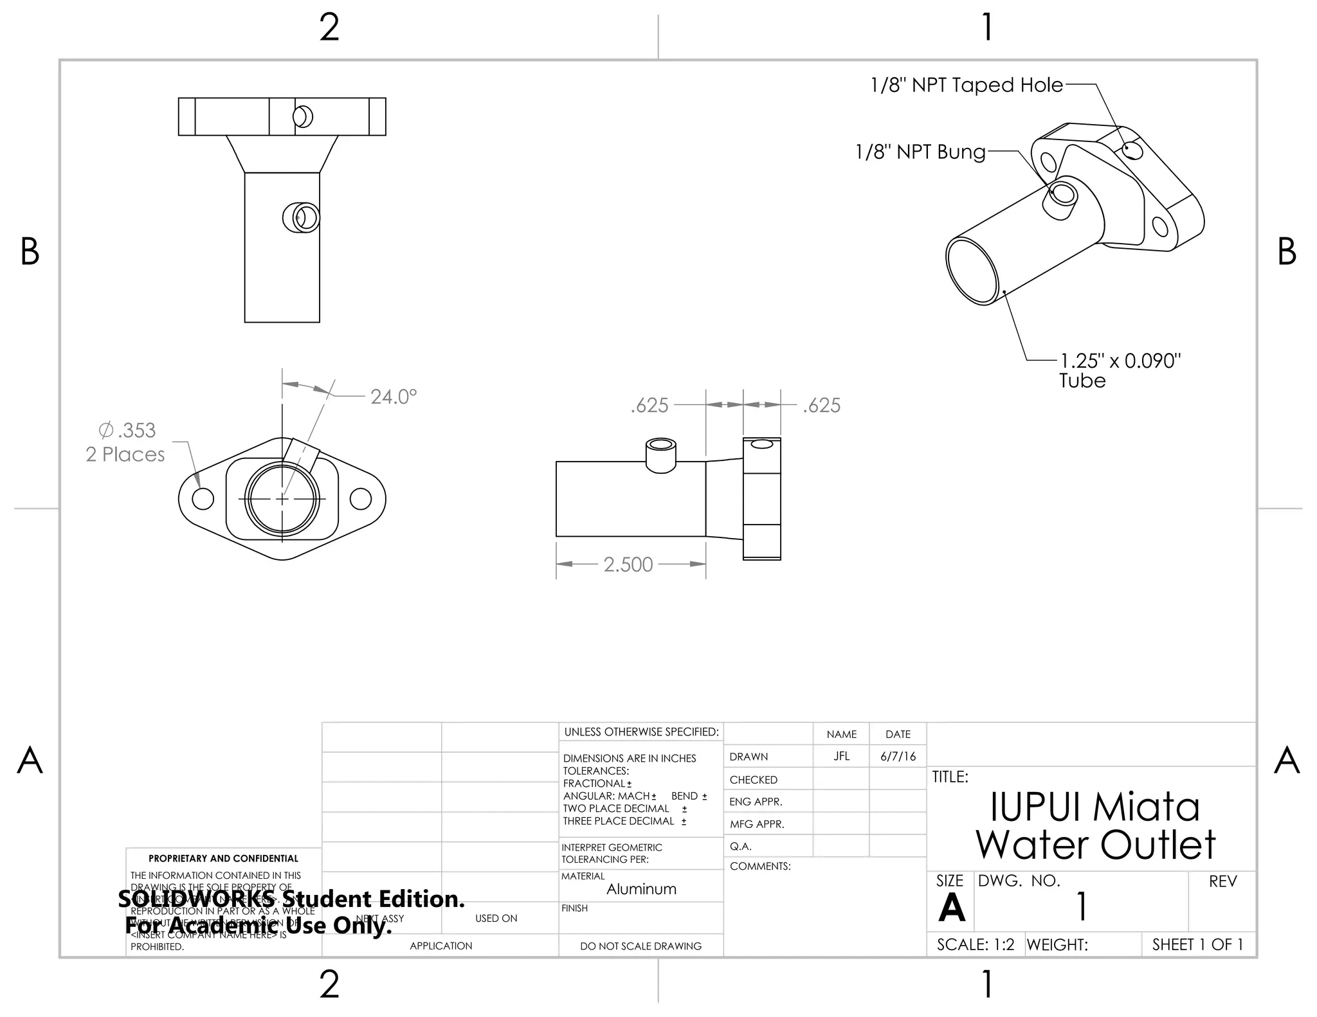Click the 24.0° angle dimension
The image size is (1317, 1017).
(393, 397)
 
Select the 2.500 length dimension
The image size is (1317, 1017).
(628, 564)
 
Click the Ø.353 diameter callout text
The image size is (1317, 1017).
(127, 430)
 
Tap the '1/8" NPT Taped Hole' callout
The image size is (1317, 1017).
(966, 85)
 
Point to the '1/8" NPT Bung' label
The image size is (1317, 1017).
(920, 152)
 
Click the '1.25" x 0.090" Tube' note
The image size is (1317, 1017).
(1120, 370)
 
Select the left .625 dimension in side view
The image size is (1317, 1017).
(649, 405)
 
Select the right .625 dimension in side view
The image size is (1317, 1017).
(821, 405)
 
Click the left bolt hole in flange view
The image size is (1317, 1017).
(203, 499)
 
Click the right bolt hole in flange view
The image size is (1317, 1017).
(360, 499)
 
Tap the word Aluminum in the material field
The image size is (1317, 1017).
(641, 889)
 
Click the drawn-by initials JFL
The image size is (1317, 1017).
(841, 756)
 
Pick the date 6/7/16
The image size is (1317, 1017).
(898, 756)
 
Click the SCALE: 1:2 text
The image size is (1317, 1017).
(975, 944)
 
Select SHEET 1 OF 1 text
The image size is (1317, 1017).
(1197, 944)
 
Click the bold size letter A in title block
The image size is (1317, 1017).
(951, 908)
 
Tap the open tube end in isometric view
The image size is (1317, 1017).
(972, 270)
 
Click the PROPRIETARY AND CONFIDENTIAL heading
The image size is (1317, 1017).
(223, 858)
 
